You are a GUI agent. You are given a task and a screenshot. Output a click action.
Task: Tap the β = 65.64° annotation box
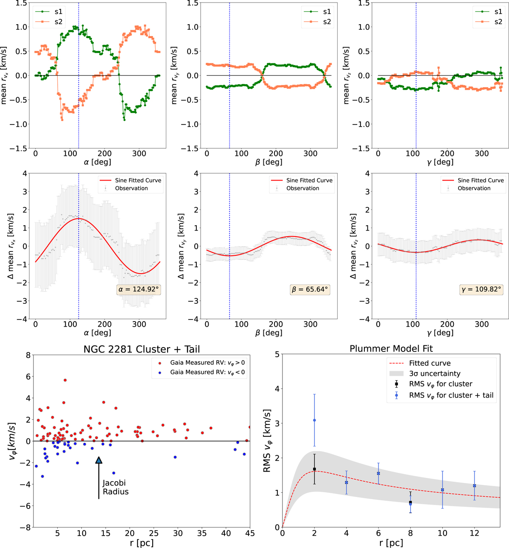[x=310, y=289]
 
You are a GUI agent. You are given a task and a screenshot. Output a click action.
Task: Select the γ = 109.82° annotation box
[x=481, y=289]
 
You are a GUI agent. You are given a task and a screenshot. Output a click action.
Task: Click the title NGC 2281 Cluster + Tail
[x=142, y=349]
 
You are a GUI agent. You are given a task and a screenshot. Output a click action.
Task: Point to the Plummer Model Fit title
[x=391, y=349]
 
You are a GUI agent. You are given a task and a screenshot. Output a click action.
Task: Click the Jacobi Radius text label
[x=115, y=487]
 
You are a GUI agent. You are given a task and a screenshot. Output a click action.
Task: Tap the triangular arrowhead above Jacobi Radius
[x=99, y=460]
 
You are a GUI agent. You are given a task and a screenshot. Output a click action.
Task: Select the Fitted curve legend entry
[x=429, y=363]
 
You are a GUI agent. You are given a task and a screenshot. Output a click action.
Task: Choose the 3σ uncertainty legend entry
[x=434, y=373]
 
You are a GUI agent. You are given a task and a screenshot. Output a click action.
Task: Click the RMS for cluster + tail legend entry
[x=450, y=395]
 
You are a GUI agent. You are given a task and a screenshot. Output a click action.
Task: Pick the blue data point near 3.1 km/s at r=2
[x=314, y=420]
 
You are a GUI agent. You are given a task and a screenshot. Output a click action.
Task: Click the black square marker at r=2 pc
[x=314, y=469]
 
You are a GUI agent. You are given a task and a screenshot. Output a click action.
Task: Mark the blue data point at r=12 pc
[x=475, y=486]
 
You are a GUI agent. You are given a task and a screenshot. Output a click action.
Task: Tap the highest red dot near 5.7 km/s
[x=65, y=380]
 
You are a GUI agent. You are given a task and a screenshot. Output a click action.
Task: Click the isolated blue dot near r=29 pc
[x=175, y=457]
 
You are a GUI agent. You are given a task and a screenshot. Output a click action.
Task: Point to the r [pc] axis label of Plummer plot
[x=391, y=543]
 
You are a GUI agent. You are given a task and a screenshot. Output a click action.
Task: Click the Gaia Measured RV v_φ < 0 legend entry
[x=207, y=372]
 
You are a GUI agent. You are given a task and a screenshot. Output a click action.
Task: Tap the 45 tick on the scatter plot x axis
[x=250, y=534]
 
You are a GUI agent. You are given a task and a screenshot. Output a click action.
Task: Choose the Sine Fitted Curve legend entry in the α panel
[x=138, y=180]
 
